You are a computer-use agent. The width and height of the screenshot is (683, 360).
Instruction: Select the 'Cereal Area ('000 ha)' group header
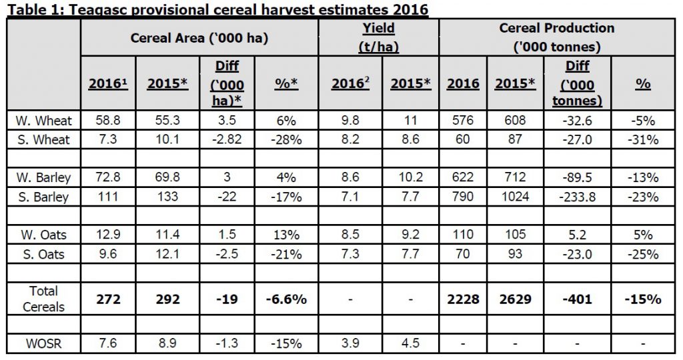pyautogui.click(x=199, y=37)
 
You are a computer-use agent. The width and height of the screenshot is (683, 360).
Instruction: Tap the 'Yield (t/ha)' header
pyautogui.click(x=378, y=37)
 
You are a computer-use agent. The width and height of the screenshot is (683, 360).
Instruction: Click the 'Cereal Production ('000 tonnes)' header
pyautogui.click(x=556, y=37)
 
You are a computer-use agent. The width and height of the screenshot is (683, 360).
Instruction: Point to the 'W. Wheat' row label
pyautogui.click(x=43, y=121)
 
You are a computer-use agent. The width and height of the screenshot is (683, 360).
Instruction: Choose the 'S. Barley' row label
pyautogui.click(x=43, y=197)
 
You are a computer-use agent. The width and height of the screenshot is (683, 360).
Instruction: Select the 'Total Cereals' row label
pyautogui.click(x=43, y=299)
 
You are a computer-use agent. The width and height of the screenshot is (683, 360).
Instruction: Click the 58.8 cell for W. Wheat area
pyautogui.click(x=108, y=121)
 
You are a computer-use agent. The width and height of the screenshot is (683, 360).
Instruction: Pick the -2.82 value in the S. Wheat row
pyautogui.click(x=228, y=140)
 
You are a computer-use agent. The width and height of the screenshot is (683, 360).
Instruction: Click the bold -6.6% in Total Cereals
pyautogui.click(x=287, y=299)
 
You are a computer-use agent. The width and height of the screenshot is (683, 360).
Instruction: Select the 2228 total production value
pyautogui.click(x=463, y=299)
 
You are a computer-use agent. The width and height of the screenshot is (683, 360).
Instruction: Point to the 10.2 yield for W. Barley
pyautogui.click(x=410, y=178)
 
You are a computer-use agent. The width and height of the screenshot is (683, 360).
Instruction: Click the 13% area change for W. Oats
pyautogui.click(x=287, y=235)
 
